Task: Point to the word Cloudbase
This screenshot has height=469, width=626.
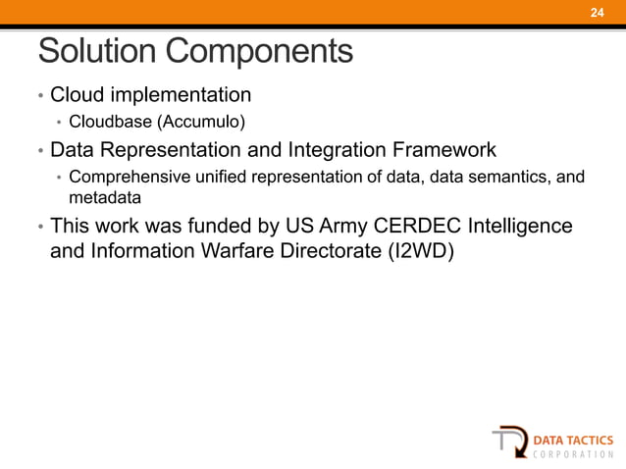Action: click(x=105, y=123)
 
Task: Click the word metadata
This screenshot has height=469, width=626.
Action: click(x=98, y=196)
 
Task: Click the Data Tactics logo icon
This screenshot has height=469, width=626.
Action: click(x=508, y=439)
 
